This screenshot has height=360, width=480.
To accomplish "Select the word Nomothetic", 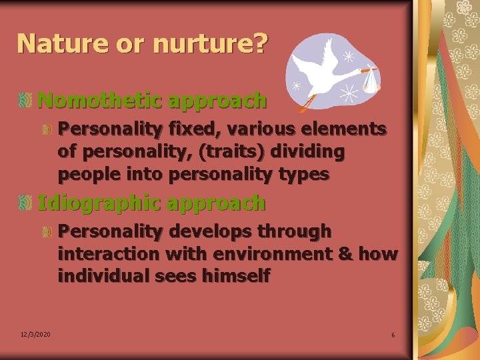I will (x=100, y=101).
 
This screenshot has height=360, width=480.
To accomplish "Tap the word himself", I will (x=237, y=276).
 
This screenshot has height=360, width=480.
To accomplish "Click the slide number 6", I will (x=393, y=335).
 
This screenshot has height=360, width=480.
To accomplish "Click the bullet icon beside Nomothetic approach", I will (x=25, y=101).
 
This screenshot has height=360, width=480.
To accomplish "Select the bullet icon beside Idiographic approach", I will (x=25, y=203).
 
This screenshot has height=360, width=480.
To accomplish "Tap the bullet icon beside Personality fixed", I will (x=47, y=129).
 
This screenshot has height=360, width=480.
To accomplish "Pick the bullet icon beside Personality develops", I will (x=47, y=232).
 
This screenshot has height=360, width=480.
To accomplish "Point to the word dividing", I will (x=308, y=152).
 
